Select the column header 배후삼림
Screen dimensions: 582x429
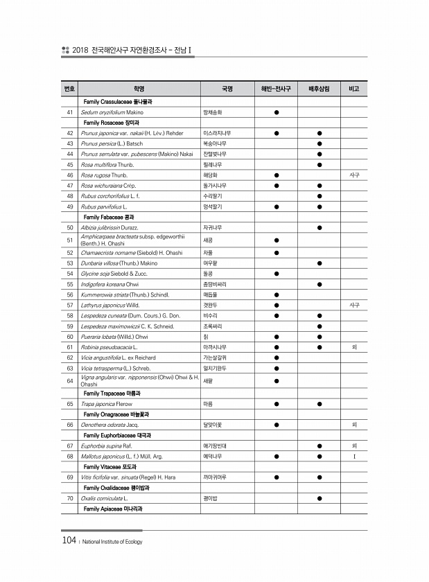point(319,89)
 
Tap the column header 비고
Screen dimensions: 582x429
point(354,89)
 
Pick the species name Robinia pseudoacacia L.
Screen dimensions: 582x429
point(109,346)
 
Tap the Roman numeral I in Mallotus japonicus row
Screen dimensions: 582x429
point(354,457)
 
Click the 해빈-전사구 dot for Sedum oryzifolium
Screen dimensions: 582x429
point(276,112)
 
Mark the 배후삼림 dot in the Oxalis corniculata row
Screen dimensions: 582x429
point(319,498)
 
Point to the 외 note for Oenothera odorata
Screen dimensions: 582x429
point(354,425)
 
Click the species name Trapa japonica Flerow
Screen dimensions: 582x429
point(108,403)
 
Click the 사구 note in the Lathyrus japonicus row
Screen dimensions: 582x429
point(354,304)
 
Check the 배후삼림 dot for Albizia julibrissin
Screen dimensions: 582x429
point(319,227)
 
